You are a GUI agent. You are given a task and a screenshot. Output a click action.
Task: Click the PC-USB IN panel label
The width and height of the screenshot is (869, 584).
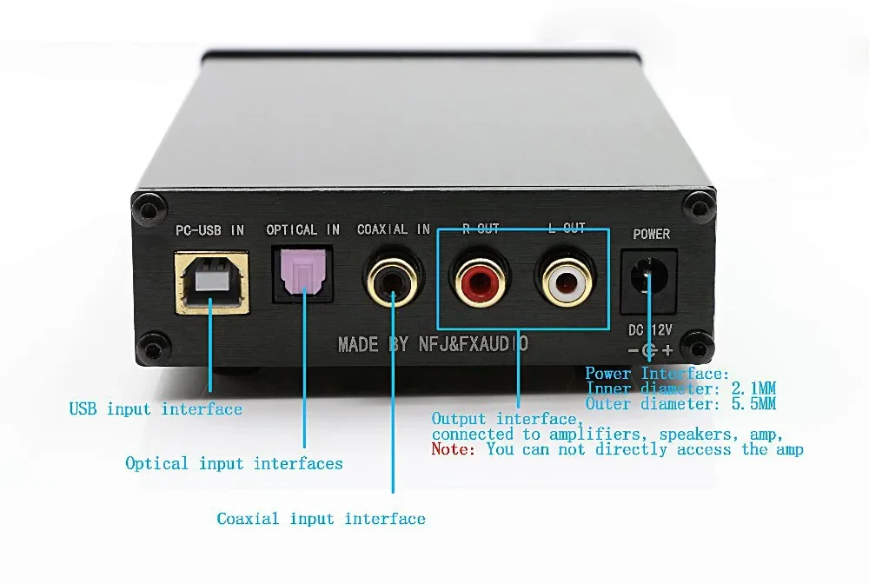(209, 230)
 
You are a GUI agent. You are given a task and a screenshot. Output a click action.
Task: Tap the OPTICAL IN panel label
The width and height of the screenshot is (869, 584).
(303, 229)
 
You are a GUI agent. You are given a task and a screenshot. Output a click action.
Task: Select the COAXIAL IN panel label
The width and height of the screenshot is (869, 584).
(394, 229)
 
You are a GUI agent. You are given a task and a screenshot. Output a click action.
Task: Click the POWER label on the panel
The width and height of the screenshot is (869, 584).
(651, 234)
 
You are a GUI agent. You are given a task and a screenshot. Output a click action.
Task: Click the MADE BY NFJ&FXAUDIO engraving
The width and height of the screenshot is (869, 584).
(432, 345)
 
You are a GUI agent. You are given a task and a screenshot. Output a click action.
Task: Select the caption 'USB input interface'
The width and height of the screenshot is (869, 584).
(156, 408)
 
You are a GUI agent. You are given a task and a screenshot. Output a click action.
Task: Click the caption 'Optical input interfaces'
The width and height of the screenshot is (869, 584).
(234, 463)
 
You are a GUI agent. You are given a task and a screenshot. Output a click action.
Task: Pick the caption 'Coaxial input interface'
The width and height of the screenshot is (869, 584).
(321, 519)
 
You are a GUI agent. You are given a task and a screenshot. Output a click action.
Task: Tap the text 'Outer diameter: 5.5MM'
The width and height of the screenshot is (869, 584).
(680, 403)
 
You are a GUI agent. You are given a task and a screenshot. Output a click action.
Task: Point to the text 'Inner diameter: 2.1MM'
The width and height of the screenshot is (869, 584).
(680, 388)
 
